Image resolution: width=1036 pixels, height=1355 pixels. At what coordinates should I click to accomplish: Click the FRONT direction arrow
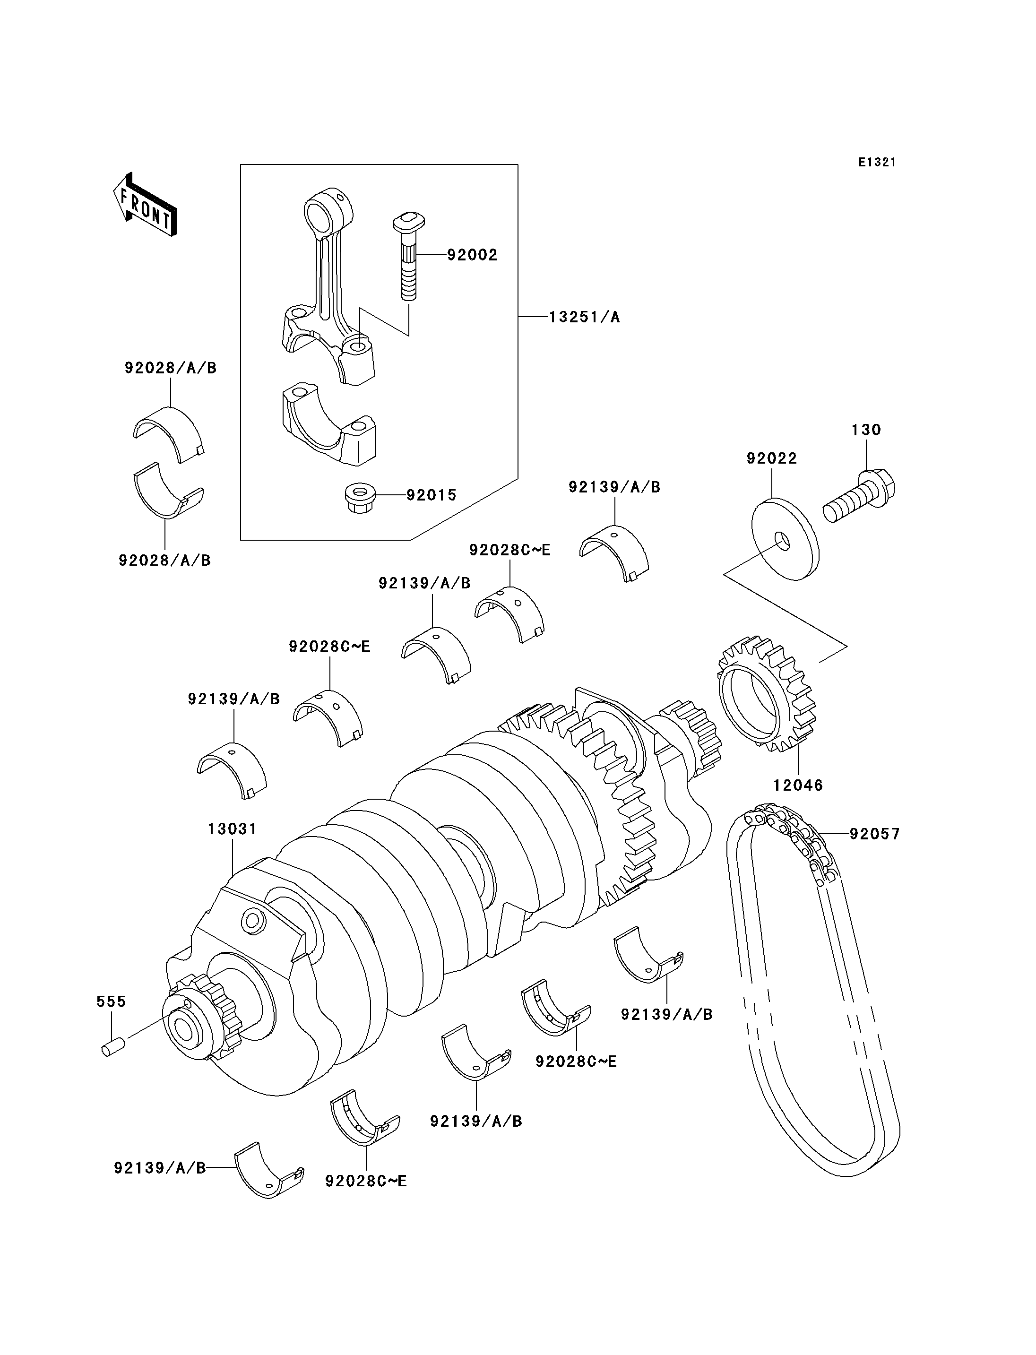146,206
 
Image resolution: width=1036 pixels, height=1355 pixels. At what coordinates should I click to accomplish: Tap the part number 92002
472,255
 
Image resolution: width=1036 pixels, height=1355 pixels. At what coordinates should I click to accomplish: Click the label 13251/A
584,317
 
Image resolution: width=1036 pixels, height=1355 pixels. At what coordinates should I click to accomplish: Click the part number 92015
431,495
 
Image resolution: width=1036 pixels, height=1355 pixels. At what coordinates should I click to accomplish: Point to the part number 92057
874,834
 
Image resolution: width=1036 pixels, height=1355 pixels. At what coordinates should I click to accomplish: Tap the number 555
111,1001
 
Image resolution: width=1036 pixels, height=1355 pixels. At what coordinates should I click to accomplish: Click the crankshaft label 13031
232,829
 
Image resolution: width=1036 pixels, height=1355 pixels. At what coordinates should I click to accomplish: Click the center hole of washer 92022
781,541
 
